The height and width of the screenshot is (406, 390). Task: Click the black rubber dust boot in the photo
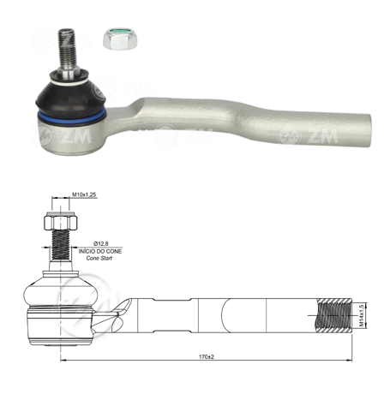click(75, 96)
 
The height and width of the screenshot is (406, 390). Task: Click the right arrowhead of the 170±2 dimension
click(349, 360)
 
